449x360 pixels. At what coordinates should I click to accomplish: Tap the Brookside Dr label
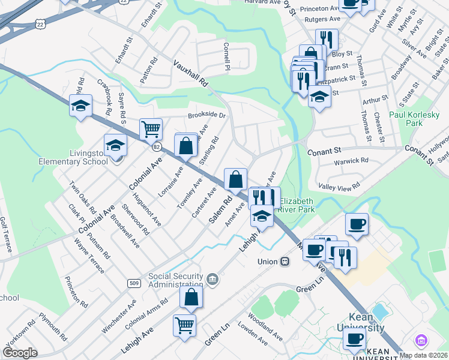coord(206,114)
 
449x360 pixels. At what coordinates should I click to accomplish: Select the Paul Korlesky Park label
coord(414,118)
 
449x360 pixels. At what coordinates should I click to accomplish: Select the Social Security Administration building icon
coord(212,279)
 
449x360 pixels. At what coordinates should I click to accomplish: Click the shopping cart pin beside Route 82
coord(151,128)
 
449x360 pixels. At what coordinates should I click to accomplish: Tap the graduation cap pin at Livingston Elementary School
coord(116,146)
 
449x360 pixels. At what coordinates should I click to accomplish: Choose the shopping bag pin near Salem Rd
coord(236,178)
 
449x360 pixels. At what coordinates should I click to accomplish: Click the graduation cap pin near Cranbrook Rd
coord(80,106)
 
